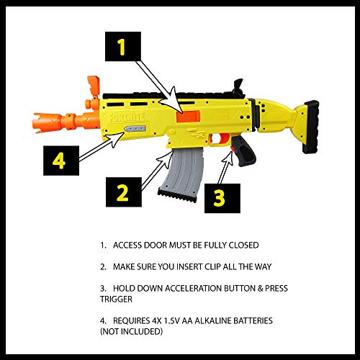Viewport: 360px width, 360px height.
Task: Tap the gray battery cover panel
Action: pos(135,130)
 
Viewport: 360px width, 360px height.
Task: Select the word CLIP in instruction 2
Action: pos(220,266)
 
